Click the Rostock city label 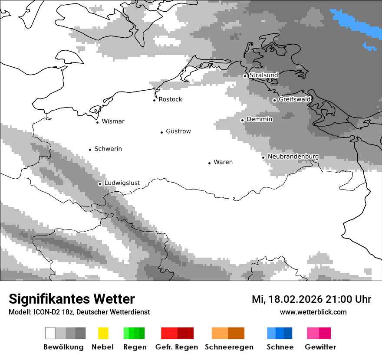click(170, 99)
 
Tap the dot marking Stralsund click(245, 76)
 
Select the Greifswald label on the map click(294, 99)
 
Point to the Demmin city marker click(242, 120)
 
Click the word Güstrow click(178, 131)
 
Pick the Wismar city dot click(97, 122)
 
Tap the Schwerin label click(108, 149)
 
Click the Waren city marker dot click(209, 163)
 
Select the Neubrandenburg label click(293, 157)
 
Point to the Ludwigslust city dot click(100, 184)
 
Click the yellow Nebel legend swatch click(103, 333)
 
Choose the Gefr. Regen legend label click(177, 347)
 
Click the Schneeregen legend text click(229, 347)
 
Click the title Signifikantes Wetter click(72, 299)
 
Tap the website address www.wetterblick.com click(313, 312)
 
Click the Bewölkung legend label click(63, 347)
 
